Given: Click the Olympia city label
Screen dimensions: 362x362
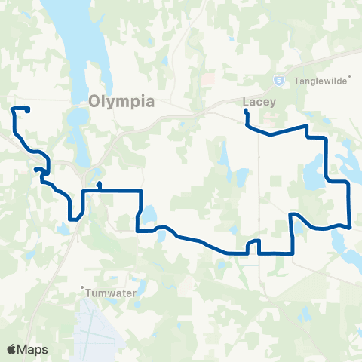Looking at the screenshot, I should (x=121, y=101).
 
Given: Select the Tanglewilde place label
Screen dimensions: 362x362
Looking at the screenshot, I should (x=321, y=80).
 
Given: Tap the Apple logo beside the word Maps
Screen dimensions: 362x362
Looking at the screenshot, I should (x=12, y=349).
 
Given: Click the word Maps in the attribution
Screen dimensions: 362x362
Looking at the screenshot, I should (x=33, y=349).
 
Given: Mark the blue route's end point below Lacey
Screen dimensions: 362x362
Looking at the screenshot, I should (x=246, y=112).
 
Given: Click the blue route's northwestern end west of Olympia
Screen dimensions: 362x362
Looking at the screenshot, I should (x=28, y=111).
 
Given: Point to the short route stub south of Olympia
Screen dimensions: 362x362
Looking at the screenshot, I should (x=99, y=185).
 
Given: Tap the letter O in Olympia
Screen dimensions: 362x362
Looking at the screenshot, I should (x=94, y=101).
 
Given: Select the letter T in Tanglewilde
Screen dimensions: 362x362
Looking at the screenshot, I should (x=297, y=80).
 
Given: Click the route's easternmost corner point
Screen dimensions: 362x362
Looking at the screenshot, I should (x=351, y=226).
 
